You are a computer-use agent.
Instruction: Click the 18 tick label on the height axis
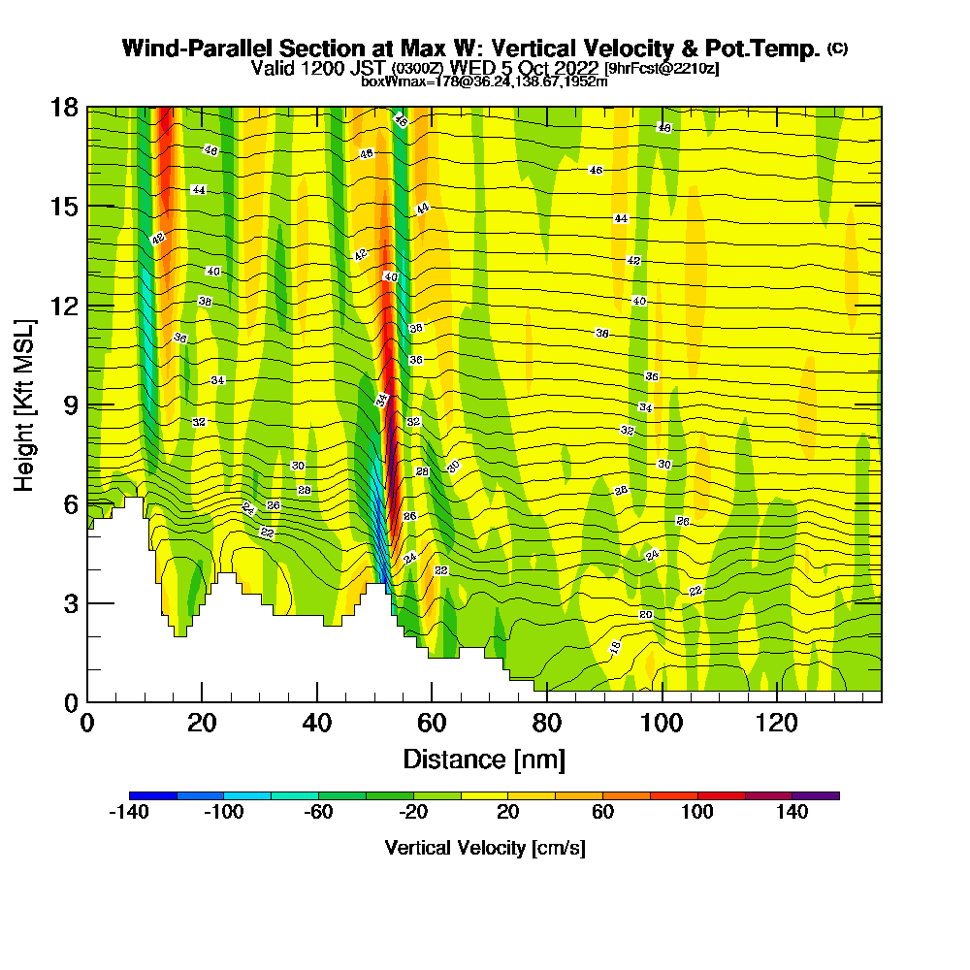65,108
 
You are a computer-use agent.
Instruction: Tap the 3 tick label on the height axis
71,603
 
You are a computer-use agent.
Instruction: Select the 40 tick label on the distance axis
316,724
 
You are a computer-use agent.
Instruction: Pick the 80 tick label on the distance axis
547,724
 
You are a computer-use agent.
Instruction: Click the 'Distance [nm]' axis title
484,759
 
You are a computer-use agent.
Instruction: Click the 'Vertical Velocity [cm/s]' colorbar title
485,848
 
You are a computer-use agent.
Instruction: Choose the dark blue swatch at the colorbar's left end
152,795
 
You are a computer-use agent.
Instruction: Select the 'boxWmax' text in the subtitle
387,81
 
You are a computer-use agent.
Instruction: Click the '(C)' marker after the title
837,48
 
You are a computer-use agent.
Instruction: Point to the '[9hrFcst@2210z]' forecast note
662,68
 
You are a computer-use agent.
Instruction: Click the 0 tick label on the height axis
71,702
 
